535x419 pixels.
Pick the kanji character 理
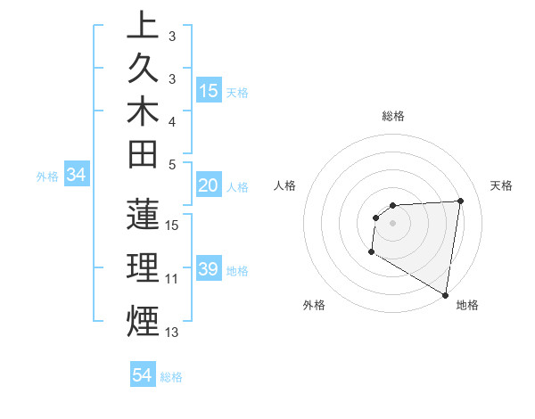143,268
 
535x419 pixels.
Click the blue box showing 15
209,90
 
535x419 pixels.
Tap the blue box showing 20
209,185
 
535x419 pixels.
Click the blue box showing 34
77,176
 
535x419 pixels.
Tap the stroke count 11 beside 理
172,278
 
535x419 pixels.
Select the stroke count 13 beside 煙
172,333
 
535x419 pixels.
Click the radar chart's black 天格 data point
460,201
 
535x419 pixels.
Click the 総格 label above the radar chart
393,116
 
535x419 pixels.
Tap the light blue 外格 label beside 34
47,177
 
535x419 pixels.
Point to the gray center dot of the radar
392,223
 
